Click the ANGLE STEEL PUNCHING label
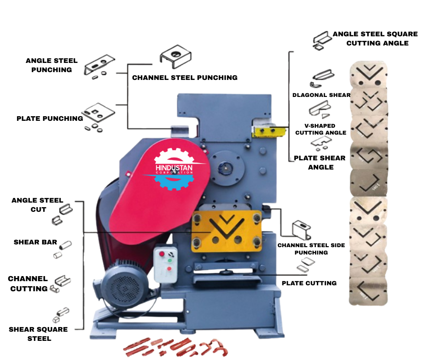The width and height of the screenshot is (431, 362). point(51,65)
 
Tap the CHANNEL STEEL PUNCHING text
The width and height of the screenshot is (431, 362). point(185,78)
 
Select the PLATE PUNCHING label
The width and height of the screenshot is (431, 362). point(50,119)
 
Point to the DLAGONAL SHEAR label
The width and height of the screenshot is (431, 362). point(321,95)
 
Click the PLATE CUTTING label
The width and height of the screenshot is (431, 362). point(309,283)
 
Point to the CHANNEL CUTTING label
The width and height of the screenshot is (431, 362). point(28,283)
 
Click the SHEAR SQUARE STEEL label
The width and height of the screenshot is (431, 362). point(38,334)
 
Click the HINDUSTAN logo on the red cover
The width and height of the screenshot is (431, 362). point(174,169)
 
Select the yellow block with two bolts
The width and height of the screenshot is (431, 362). point(266,131)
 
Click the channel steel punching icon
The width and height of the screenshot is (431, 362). point(175,57)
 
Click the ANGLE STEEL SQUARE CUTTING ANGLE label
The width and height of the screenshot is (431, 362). point(375,39)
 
